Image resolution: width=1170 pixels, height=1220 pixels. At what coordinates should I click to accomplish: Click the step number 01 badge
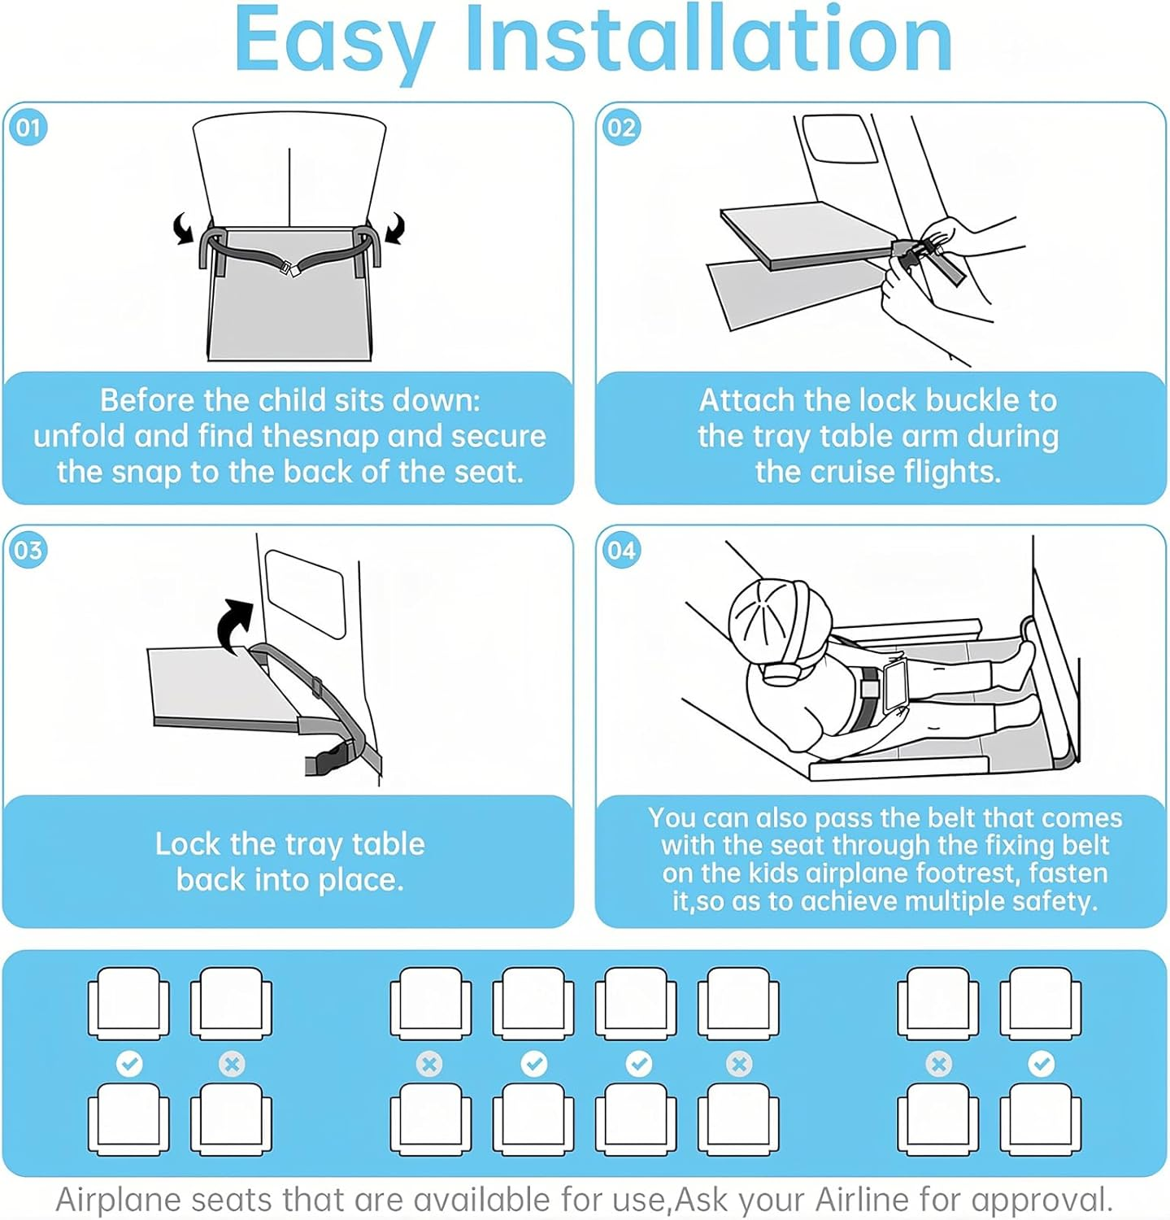(28, 128)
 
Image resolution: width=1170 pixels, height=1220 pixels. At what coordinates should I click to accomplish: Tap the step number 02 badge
(622, 128)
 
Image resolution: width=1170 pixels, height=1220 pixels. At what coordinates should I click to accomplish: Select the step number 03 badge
(28, 551)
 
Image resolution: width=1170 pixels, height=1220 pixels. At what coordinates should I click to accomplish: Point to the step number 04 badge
(622, 551)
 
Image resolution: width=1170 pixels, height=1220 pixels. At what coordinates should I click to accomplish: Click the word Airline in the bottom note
(863, 1200)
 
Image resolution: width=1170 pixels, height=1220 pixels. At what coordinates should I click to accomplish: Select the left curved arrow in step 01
(185, 229)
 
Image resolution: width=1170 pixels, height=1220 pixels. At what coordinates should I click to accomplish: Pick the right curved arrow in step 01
(394, 228)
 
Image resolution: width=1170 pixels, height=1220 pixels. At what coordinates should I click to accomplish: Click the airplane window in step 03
(306, 593)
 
